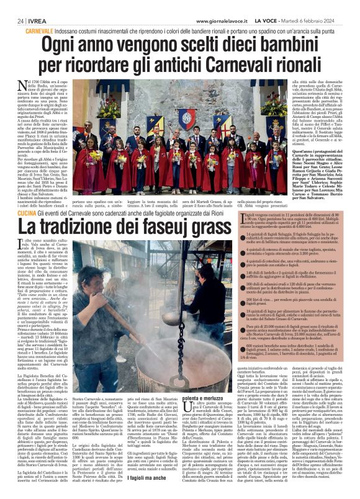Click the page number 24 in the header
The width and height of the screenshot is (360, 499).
tap(12, 20)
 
